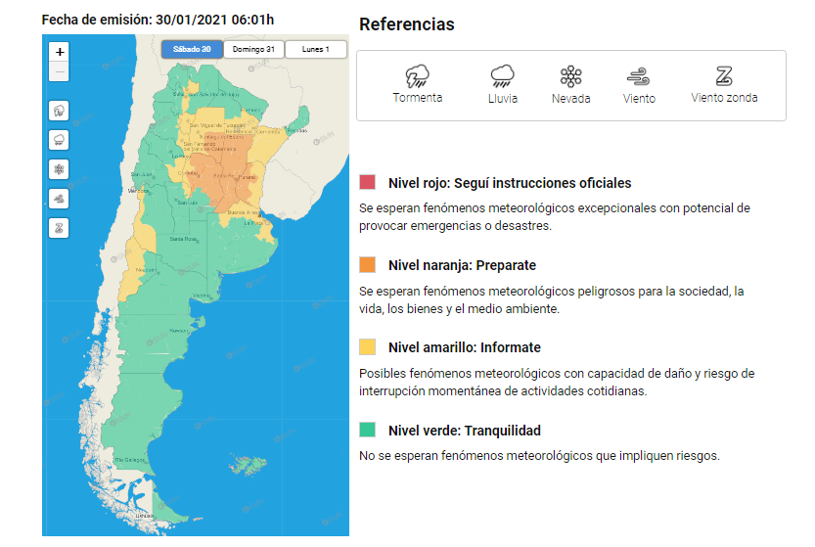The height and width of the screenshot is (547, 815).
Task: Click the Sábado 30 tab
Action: [192, 49]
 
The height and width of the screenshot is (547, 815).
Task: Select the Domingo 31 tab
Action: [253, 49]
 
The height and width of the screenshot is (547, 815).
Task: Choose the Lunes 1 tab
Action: [315, 49]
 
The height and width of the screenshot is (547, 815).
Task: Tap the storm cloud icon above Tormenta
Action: [417, 76]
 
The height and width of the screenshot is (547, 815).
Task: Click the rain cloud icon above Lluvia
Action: [503, 76]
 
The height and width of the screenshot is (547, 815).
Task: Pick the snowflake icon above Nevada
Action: [570, 77]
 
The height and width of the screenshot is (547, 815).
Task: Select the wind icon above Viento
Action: [639, 77]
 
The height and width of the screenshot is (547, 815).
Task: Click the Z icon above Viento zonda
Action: [724, 76]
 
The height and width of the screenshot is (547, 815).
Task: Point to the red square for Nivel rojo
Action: [368, 182]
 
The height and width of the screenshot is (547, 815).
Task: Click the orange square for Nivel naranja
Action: [368, 265]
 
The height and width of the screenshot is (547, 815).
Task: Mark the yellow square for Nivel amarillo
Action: [368, 347]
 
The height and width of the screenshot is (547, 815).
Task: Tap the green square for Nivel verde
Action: [368, 430]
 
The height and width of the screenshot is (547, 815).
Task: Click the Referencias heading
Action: [406, 24]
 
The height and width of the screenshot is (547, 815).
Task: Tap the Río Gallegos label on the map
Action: [131, 459]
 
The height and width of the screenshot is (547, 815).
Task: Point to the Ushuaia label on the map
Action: [146, 514]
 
